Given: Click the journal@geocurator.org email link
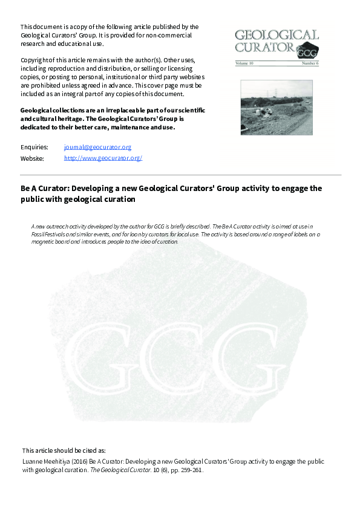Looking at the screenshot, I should coord(97,147).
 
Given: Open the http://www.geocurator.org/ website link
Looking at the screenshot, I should coord(103,158).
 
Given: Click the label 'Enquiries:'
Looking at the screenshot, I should coord(34,147).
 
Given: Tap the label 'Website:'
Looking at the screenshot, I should coord(32,158).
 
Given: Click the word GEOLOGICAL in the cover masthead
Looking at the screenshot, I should coord(277,35).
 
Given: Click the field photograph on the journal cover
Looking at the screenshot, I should coord(277,108).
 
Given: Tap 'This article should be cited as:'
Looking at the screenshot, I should coord(64,450).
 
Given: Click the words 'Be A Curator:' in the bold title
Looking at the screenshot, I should coord(43,189).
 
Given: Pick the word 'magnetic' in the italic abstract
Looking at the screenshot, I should coord(44,241).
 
